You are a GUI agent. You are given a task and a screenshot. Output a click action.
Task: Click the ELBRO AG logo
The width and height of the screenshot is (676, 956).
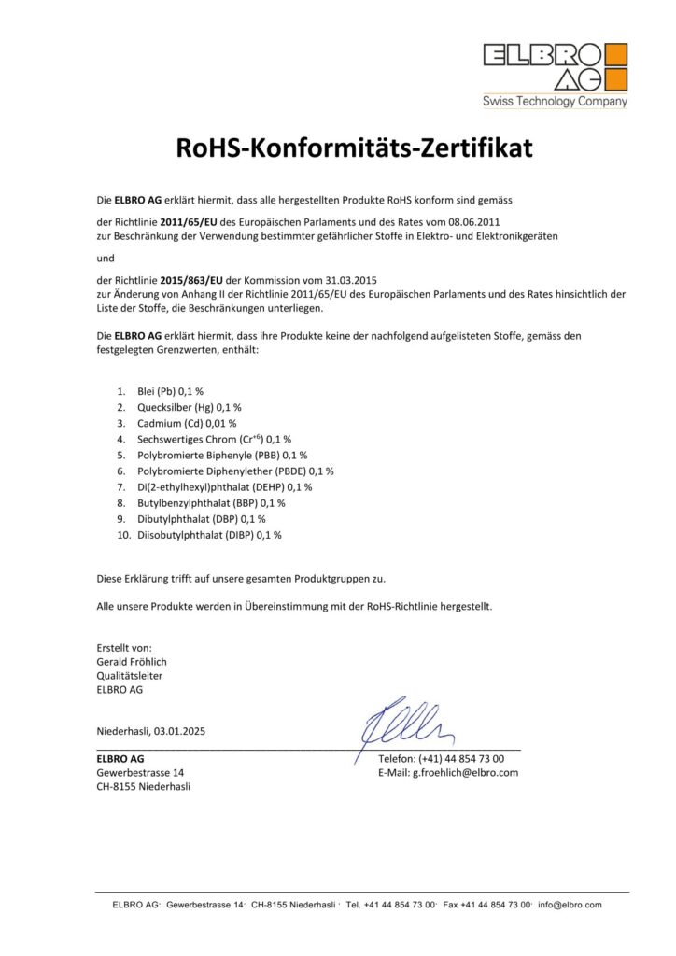(x=555, y=66)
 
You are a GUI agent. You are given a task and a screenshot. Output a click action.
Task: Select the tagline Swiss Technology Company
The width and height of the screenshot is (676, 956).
(x=555, y=102)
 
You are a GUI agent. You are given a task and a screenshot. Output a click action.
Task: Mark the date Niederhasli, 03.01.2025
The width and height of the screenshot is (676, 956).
(x=150, y=731)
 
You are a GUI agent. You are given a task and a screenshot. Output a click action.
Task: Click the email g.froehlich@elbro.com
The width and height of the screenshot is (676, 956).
(x=465, y=772)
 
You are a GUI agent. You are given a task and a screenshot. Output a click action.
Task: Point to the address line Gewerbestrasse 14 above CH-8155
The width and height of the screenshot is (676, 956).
(x=140, y=772)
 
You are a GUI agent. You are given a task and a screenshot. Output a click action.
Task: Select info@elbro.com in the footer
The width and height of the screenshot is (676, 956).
(x=570, y=905)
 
